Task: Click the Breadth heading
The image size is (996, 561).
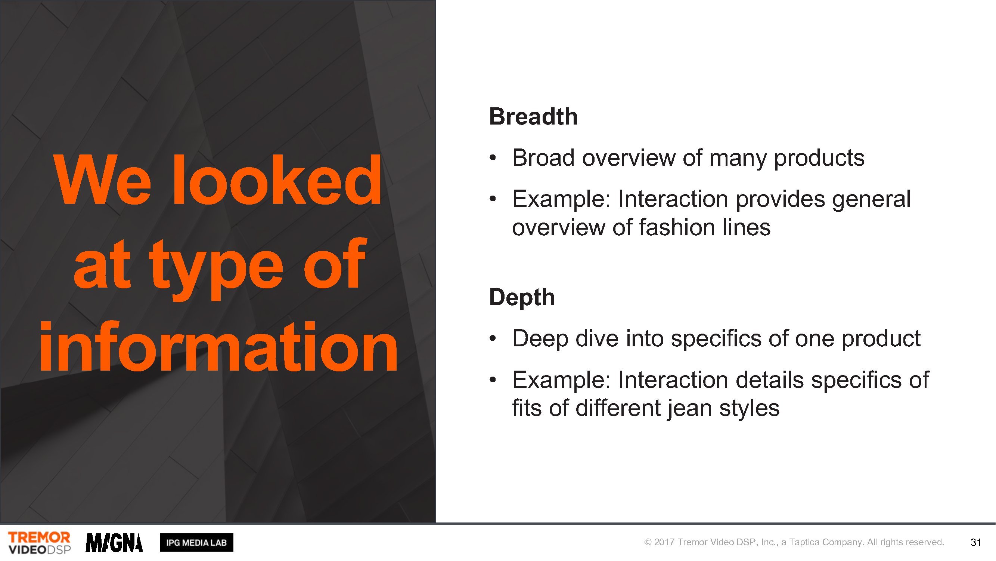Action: (533, 117)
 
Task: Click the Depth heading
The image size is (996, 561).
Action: (522, 297)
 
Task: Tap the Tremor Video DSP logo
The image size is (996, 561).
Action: (40, 542)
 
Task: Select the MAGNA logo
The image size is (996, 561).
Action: (114, 543)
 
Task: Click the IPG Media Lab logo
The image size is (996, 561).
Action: (196, 542)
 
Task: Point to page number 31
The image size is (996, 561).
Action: (975, 542)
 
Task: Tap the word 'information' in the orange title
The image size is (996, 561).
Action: (218, 347)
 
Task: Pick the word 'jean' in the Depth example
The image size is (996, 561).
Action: (689, 409)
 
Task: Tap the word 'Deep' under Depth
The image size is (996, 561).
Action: (540, 339)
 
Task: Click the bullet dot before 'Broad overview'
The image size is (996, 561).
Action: (493, 158)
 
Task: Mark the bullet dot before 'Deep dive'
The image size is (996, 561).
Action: (493, 339)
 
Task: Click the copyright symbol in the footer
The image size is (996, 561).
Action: (648, 542)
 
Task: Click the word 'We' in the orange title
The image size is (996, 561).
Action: (103, 180)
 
